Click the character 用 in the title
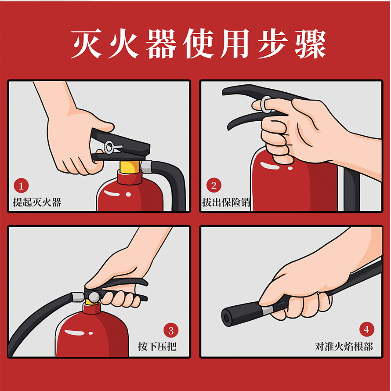236,44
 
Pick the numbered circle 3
171,330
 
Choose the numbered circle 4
366,329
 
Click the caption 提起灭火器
37,203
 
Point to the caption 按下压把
157,346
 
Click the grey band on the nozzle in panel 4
267,311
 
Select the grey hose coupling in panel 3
77,297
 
